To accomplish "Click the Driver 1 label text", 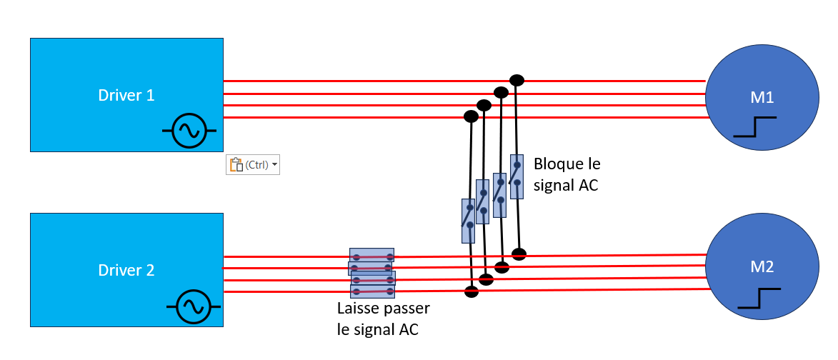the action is point(126,95).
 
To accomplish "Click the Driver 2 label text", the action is point(126,270).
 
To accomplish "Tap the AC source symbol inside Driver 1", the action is point(189,130).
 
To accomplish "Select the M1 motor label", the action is point(762,98).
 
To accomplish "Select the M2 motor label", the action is point(762,266).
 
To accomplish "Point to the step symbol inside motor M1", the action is point(754,126).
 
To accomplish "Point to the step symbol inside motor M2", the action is point(759,299).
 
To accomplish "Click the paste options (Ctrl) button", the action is point(253,165).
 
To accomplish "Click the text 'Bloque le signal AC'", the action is point(567,174).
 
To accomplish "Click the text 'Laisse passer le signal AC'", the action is point(384,319).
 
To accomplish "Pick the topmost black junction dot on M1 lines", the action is point(517,81).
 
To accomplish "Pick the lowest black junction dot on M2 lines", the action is point(471,291).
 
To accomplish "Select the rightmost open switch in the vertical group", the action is point(517,177).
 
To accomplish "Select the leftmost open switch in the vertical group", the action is point(468,221).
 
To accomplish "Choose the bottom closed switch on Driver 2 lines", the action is point(372,291).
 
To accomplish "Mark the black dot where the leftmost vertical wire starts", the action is point(471,116).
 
